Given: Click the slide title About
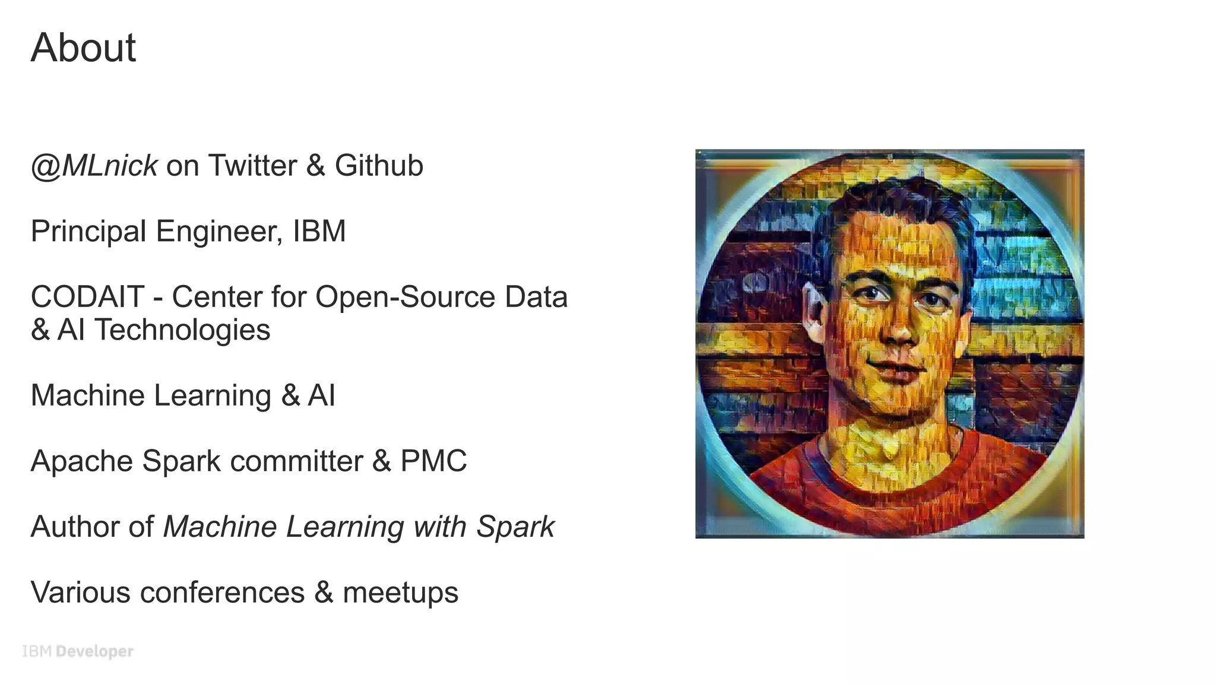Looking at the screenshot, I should coord(83,47).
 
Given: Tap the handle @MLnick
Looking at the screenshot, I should coord(94,166).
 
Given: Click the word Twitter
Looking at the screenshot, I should coord(252,166).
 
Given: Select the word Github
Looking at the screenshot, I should coord(379,166).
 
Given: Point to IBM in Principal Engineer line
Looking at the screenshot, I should coord(319,231).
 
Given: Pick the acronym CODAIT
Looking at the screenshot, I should coord(87,297).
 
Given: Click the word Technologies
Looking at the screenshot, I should coord(182,330).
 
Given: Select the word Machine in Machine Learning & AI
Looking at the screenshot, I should coord(87,395).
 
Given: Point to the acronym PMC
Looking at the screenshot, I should coord(433,461).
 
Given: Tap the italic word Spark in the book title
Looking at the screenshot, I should coord(515,527).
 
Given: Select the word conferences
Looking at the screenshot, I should coord(222,593).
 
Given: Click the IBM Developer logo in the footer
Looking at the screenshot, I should coord(78,651).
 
